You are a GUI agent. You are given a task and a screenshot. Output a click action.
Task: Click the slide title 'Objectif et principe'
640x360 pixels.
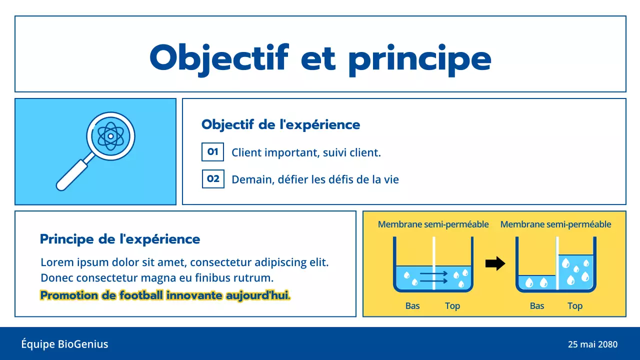[x=320, y=58]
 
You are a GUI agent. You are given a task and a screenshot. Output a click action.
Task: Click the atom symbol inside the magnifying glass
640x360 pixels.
[x=110, y=135]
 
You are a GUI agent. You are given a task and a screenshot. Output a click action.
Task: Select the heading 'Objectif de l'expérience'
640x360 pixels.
[x=280, y=124]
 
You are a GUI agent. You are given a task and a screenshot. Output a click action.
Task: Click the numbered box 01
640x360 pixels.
[x=212, y=152]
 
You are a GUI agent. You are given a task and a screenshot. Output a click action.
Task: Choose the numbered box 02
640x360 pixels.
[x=213, y=178]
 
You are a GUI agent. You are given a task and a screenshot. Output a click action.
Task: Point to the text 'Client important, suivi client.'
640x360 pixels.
[x=306, y=152]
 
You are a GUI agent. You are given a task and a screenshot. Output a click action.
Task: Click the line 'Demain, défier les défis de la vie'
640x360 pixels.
[x=315, y=179]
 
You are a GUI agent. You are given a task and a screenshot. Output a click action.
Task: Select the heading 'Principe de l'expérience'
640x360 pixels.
[x=120, y=239]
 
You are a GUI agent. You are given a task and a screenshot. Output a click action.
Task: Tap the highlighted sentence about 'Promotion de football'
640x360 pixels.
[x=165, y=295]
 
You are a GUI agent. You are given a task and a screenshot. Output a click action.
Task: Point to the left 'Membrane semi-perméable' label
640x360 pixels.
[x=433, y=224]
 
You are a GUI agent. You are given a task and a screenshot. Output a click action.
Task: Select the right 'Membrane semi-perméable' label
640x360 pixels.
[x=555, y=224]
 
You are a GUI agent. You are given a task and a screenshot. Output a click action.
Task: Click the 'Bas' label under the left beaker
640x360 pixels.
[x=412, y=305]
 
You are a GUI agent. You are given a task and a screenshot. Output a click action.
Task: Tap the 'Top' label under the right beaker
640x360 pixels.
[x=575, y=305]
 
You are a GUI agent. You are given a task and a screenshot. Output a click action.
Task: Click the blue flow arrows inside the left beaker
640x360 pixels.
[x=432, y=277]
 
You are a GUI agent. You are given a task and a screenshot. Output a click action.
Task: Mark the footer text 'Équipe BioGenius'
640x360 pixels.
[x=64, y=344]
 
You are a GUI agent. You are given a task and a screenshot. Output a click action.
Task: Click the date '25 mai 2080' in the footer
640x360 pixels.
[x=592, y=344]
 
